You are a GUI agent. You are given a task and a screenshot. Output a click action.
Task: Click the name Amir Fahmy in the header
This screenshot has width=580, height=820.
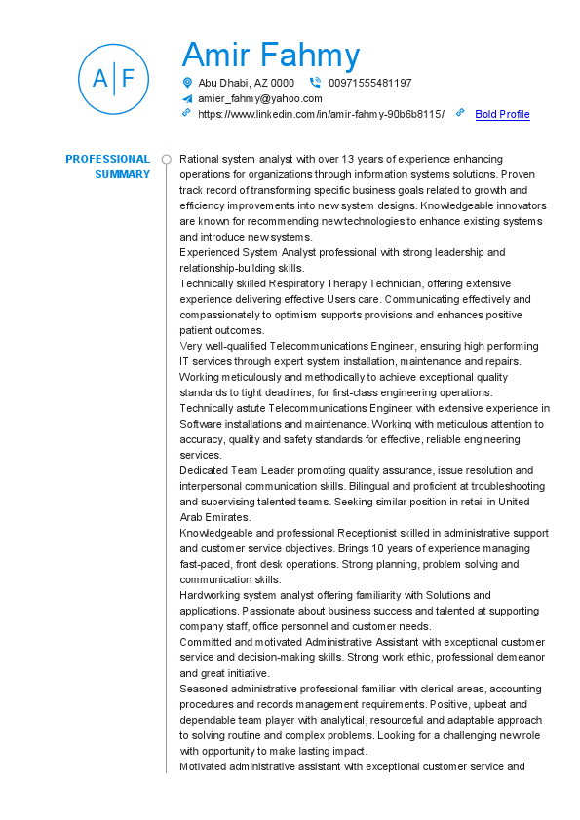271,56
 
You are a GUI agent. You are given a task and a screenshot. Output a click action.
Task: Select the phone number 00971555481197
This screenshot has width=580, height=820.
370,83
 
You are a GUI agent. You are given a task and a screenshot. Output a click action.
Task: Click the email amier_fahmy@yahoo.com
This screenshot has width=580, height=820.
259,98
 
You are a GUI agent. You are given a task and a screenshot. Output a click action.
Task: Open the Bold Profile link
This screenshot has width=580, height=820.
502,114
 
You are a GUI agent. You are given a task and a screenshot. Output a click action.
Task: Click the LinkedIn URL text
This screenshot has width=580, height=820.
321,114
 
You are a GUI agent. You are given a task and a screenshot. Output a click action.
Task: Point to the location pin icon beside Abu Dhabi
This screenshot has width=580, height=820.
187,83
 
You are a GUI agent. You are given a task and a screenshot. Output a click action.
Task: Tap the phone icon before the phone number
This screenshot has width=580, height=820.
315,83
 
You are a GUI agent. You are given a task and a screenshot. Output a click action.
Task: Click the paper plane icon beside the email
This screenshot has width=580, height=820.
187,98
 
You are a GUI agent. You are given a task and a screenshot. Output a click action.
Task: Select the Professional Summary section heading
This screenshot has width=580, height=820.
108,167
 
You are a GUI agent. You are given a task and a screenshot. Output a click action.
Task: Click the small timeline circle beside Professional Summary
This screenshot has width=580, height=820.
166,159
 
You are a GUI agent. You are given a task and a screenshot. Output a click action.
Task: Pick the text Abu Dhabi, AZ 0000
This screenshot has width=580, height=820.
246,83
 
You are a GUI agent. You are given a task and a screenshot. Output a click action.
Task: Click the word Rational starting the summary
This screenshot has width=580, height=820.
200,159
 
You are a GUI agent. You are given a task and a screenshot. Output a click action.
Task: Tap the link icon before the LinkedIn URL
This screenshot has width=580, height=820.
187,113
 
